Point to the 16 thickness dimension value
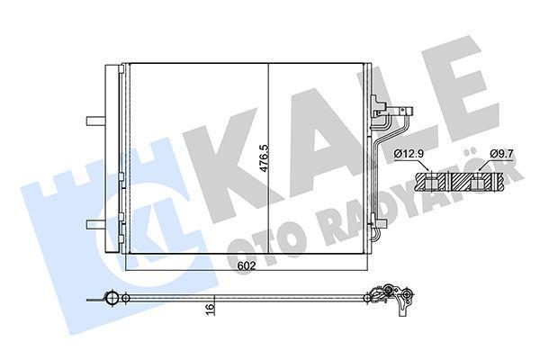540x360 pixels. pos(211,309)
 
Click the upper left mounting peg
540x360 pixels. pos(93,120)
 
